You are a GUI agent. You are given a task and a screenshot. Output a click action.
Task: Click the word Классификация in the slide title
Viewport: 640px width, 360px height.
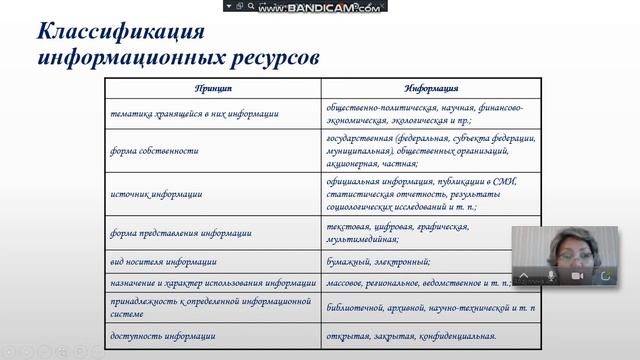coord(107,29)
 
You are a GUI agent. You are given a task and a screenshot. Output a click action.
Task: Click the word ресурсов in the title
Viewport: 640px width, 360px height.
coord(274,56)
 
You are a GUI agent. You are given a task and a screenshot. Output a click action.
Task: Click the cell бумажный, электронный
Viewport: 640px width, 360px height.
coord(379,261)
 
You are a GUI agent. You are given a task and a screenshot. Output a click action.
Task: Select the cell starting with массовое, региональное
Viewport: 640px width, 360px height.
coord(420,283)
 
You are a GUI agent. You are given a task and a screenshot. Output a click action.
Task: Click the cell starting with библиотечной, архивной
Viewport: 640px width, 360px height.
coord(430,310)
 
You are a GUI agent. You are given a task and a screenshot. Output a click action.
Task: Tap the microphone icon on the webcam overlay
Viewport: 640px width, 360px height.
coord(551,274)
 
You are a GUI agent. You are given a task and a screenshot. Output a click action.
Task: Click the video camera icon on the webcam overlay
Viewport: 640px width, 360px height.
coord(577,274)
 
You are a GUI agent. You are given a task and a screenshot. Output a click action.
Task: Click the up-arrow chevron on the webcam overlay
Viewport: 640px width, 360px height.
coord(525,274)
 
